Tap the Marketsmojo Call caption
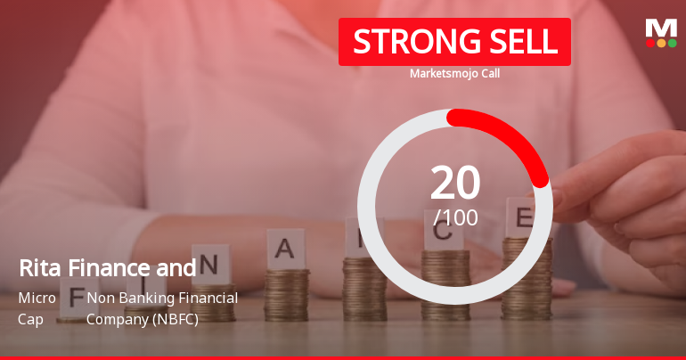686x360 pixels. point(454,74)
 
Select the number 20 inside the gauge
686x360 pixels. point(455,183)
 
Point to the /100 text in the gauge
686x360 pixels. point(455,217)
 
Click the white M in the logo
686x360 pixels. point(661,28)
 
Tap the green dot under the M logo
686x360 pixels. point(672,43)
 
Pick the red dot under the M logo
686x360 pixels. point(650,43)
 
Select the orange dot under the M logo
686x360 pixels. point(661,43)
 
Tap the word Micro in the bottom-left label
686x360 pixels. point(37,298)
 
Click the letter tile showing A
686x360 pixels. point(285,249)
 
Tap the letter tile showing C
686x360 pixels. point(445,233)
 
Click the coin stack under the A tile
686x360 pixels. point(286,294)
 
